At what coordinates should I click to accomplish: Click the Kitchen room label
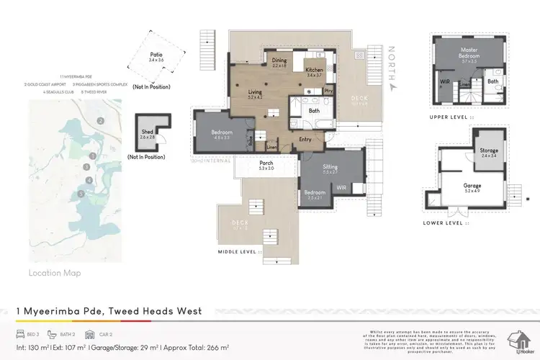315,70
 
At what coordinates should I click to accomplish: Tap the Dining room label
279,61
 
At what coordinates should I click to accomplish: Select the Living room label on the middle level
255,92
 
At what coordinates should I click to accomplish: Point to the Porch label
265,163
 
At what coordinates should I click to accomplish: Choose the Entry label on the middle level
305,139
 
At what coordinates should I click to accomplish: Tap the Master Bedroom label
469,53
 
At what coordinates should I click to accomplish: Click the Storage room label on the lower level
489,150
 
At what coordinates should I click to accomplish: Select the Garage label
472,185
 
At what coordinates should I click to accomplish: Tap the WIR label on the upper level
446,82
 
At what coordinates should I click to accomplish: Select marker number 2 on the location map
101,120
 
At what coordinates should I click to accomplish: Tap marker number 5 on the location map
82,193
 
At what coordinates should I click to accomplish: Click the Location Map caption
55,273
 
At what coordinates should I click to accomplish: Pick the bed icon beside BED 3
21,335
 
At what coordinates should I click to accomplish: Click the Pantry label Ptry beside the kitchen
328,91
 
